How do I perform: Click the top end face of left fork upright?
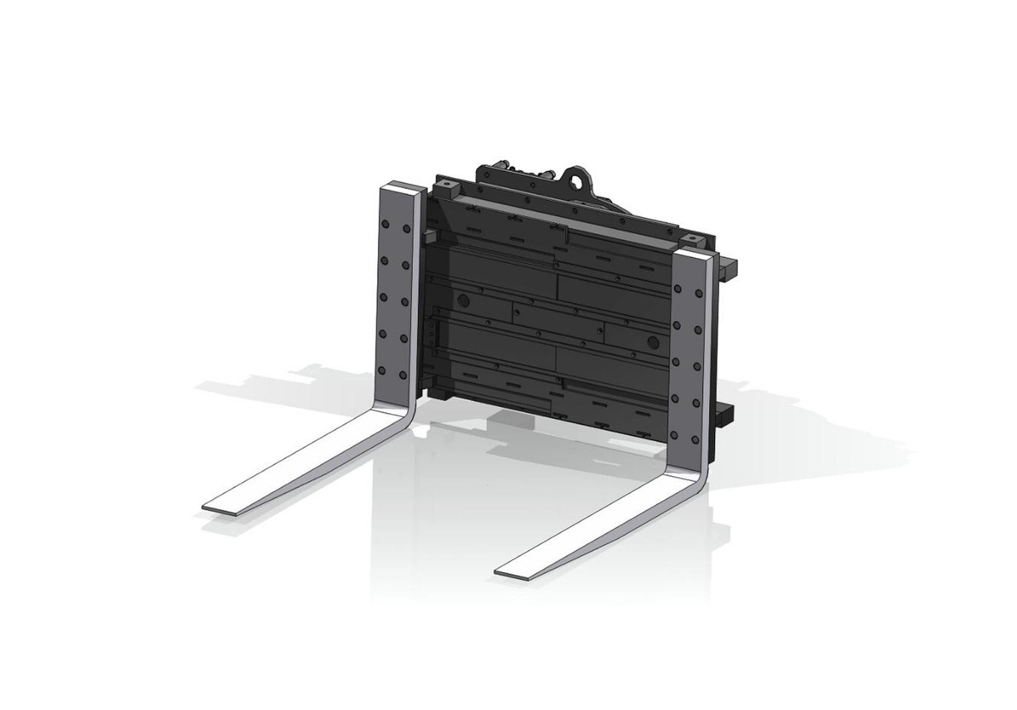[405, 187]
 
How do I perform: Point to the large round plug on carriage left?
[462, 300]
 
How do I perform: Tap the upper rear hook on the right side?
[728, 266]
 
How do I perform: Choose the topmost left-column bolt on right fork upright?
[678, 289]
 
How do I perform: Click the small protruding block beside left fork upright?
[429, 238]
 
